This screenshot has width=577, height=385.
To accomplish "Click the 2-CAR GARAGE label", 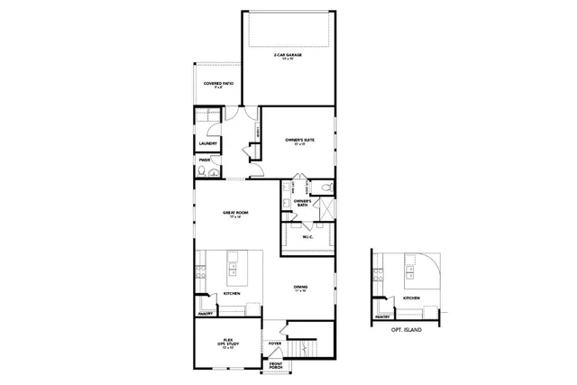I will coord(288,56).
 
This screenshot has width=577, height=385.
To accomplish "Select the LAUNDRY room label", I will coord(206,142).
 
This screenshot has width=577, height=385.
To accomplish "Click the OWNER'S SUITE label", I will coord(299,142).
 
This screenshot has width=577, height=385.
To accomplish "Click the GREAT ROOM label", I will coord(235,214).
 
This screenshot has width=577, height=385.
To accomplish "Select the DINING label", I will coord(300,289).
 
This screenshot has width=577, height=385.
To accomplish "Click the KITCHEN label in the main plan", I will coord(232,293).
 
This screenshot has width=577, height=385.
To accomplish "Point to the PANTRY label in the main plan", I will coord(205,314).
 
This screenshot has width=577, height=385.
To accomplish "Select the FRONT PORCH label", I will coord(275,365).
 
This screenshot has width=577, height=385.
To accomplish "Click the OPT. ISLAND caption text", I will coord(407,331).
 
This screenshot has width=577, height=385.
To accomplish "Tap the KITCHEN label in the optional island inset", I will coord(411,298).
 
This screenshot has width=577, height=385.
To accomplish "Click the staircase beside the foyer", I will coord(304,346).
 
